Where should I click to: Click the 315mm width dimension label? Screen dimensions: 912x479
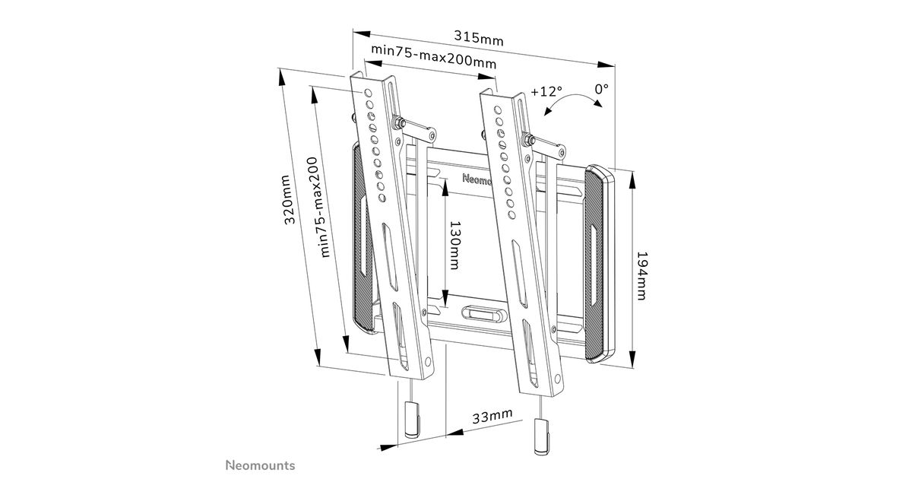[479, 38]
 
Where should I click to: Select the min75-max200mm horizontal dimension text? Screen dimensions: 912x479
[434, 56]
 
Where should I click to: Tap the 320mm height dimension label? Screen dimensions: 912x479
[289, 199]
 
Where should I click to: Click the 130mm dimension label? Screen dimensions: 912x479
[454, 245]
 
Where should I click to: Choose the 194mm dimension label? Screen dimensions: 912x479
[641, 276]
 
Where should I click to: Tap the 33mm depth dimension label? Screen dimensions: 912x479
[492, 416]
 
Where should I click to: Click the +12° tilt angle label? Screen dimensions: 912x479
[546, 91]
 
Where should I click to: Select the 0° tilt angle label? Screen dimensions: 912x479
[602, 88]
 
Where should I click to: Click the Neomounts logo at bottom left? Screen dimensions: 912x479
[261, 465]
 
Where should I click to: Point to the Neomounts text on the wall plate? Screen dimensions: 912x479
[477, 179]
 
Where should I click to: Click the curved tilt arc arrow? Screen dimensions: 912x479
[572, 98]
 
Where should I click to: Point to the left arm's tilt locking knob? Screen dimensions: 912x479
[397, 122]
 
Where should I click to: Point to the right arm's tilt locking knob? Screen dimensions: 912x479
[527, 139]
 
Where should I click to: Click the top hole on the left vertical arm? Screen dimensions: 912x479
[368, 93]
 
